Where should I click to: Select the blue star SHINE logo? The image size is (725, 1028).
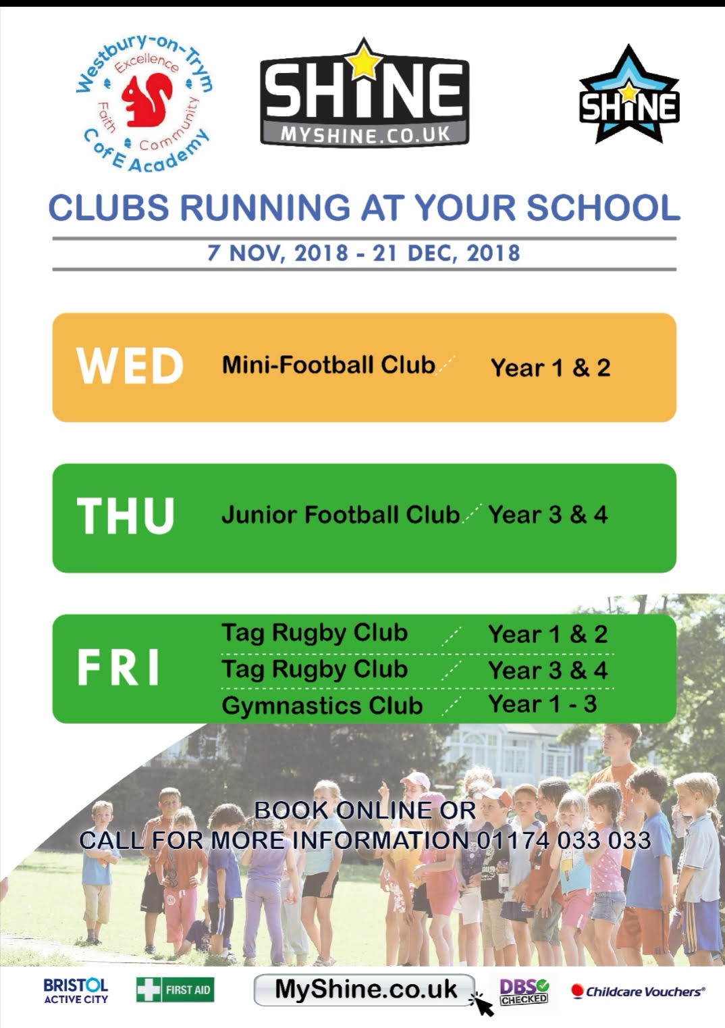tap(629, 95)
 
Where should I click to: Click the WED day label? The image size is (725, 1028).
tap(130, 366)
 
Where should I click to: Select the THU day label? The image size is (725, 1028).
tap(125, 515)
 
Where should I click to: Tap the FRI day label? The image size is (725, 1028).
tap(118, 667)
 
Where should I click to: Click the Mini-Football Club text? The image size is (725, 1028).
tap(328, 365)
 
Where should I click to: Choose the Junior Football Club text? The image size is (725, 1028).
tap(341, 515)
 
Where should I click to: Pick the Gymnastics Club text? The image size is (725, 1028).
tap(322, 705)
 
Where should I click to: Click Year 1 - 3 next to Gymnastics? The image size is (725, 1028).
tap(543, 704)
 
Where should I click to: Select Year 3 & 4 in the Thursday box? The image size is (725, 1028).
tap(548, 515)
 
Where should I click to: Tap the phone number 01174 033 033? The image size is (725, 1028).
tap(564, 840)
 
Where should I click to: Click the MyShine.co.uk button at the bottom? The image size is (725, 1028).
tap(364, 990)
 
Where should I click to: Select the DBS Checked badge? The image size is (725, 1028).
tap(524, 992)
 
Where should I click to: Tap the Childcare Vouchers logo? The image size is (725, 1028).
tap(638, 992)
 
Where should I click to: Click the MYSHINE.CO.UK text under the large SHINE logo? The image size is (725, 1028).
tap(365, 135)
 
